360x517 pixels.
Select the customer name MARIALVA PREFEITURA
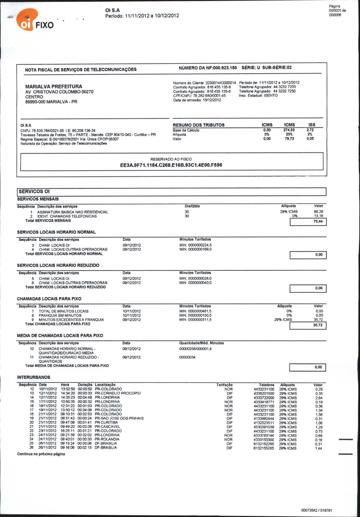pos(54,86)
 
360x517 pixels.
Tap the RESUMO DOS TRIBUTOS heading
pos(199,125)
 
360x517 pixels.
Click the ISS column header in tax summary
pos(312,125)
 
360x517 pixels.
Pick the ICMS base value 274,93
pos(289,130)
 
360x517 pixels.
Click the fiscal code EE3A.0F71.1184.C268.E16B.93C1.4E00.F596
pos(171,165)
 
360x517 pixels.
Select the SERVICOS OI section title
pos(34,191)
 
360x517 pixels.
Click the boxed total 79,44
pos(318,221)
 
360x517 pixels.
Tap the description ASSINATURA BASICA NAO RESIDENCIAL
pos(73,212)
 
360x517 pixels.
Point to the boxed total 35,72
pos(318,325)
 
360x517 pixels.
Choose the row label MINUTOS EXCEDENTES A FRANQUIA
pos(71,320)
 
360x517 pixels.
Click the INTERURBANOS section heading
pos(34,377)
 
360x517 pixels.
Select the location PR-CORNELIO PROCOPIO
pos(118,393)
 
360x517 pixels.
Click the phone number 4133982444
pos(264,419)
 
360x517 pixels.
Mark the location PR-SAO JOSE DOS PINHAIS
pos(119,418)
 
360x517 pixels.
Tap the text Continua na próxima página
pos(41,454)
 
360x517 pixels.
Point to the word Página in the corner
pos(334,6)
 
